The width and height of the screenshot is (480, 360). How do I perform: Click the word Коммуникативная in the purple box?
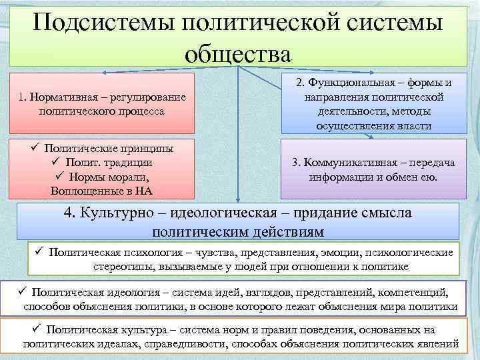[x=353, y=164]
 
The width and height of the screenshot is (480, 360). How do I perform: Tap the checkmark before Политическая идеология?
[x=21, y=291]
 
